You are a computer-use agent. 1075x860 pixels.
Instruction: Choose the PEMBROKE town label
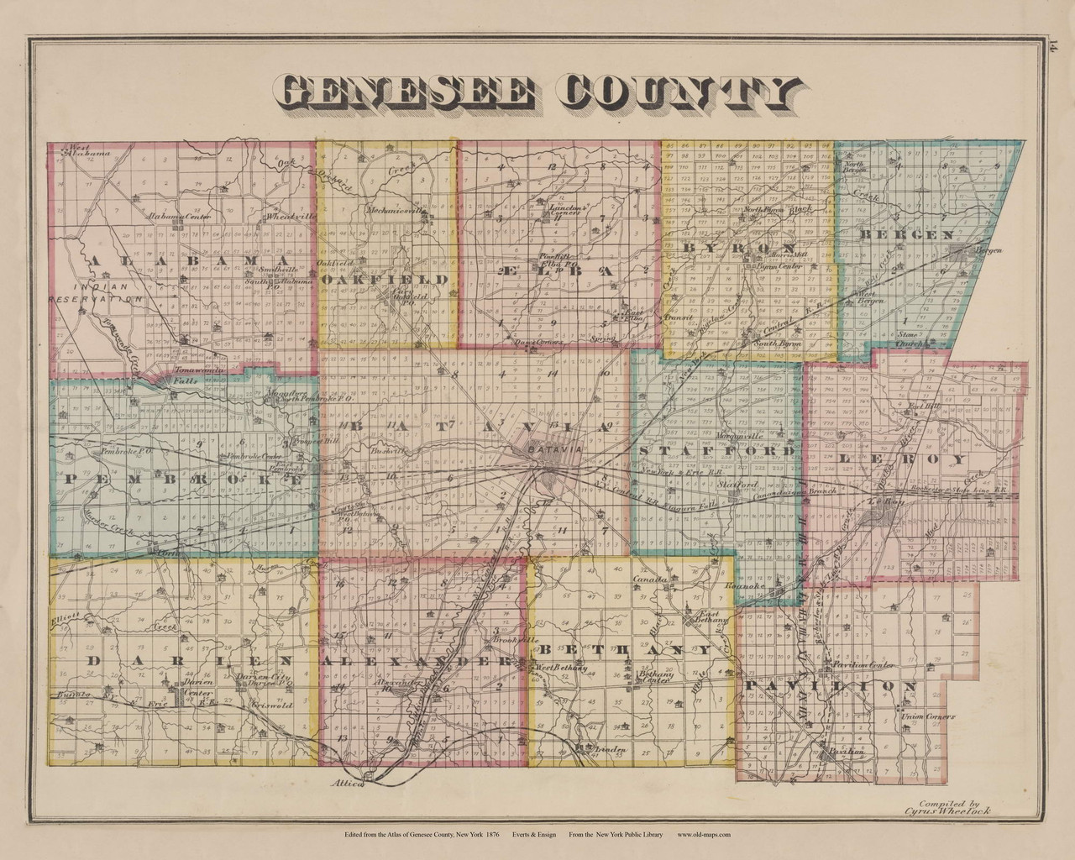180,480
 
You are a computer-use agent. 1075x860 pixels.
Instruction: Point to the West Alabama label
91,151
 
